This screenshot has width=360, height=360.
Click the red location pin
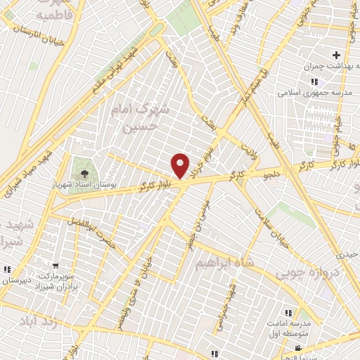click(181, 165)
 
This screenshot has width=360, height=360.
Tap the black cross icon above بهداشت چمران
click(336, 55)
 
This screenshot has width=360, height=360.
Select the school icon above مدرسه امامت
click(288, 312)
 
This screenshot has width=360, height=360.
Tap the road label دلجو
click(258, 168)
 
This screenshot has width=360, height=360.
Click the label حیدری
click(347, 254)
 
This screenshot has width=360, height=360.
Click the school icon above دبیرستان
click(7, 269)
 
